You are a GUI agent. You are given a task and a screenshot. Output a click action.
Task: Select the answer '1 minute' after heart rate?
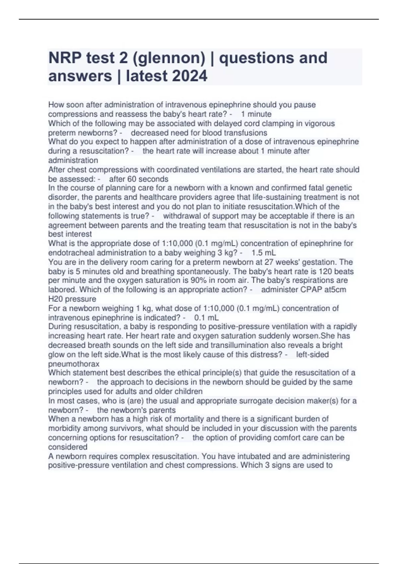tap(256, 114)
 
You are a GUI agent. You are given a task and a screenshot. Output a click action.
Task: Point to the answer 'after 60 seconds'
tap(139, 179)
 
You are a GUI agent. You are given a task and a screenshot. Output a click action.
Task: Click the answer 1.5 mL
tap(264, 253)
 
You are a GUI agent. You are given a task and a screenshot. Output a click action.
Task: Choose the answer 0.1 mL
tap(206, 317)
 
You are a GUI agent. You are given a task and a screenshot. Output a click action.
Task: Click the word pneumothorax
tap(74, 364)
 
